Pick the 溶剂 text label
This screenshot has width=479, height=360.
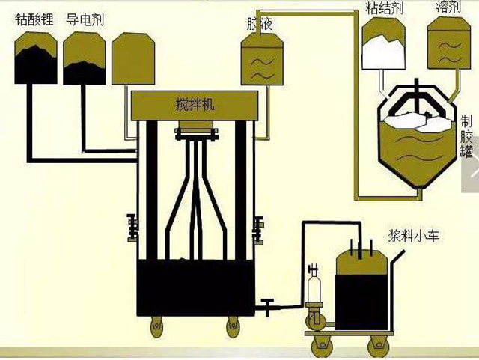447,8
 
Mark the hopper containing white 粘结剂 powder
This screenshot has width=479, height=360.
383,45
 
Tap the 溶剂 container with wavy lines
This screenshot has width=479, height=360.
448,46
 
